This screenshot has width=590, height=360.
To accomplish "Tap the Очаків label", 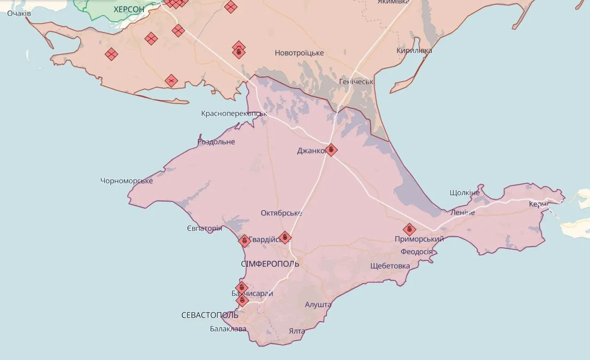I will pos(19,13).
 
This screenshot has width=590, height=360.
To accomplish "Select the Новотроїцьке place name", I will pos(299,53).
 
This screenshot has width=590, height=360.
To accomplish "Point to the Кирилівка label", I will pos(414,50).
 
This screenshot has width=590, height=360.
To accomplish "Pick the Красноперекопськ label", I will pos(234,114).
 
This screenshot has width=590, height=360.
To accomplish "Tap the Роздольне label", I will pos(216,142).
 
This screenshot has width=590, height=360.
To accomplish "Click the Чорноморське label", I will pos(126,180).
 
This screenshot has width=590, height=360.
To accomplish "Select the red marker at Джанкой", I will pos(331,150).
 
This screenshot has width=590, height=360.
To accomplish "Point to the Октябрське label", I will pos(281,213).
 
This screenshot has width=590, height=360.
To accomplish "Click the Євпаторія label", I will pos(204,228).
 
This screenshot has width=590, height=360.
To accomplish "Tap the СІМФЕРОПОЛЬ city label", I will pos(270,264).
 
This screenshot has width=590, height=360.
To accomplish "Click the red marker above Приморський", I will pos(409,229).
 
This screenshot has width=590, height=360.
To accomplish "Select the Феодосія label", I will pos(417,252).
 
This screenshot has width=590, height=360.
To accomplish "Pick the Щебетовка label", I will pos(390,266).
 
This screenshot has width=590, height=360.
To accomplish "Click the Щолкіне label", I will pos(465,192).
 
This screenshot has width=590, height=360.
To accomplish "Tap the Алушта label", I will pos(318,305).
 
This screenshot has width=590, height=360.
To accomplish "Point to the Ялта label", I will pos(297,331).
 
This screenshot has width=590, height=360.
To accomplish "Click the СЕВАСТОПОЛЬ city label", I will pos(210,315).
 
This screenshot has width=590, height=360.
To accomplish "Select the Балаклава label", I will pos(228,329).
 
